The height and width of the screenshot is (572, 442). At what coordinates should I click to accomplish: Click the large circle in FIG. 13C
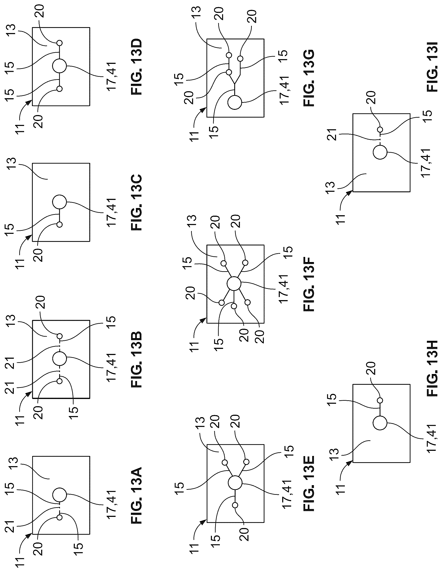click(60, 202)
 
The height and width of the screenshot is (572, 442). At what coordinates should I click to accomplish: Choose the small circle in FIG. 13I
click(380, 129)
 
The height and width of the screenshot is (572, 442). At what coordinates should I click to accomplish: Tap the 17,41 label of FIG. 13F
click(284, 289)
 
